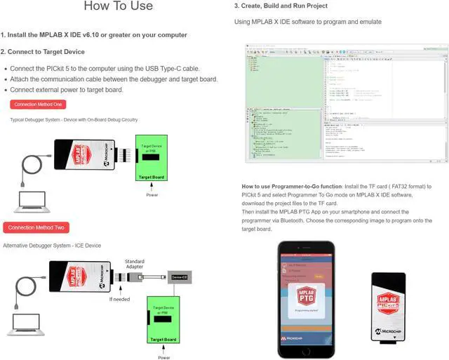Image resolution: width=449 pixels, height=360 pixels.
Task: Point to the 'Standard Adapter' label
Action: [x=134, y=262]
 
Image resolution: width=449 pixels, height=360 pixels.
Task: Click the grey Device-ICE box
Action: [x=178, y=278]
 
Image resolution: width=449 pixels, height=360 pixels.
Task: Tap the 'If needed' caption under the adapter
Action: [x=120, y=299]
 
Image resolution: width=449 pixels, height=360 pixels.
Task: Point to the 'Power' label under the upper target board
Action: [x=152, y=194]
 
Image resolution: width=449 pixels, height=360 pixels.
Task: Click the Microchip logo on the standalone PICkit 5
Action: [x=387, y=331]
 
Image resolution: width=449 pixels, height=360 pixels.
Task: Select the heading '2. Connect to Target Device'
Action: [x=43, y=52]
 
